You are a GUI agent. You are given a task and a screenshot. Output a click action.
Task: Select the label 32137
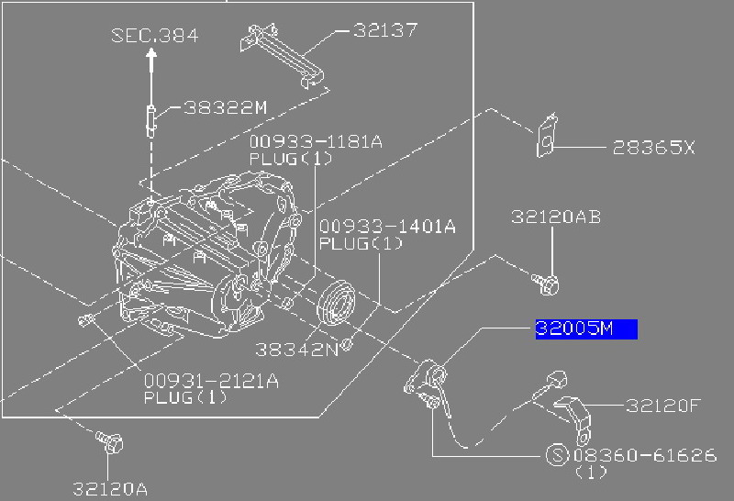[x=385, y=30]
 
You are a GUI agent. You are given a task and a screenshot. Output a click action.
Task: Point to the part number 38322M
[x=224, y=107]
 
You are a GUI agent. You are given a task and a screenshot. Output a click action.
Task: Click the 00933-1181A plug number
[x=315, y=142]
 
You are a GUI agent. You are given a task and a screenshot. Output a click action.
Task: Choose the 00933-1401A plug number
[x=386, y=227]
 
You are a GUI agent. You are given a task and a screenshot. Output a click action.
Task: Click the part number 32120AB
[x=556, y=217]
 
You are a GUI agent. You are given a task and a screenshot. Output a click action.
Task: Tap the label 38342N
[x=296, y=350]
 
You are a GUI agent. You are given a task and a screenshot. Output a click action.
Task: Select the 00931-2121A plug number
[x=210, y=381]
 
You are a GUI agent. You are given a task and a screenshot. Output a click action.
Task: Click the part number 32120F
[x=663, y=405]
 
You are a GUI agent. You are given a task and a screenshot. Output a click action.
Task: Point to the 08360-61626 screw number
[x=643, y=455]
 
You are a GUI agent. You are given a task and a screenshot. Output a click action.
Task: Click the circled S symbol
[x=556, y=455]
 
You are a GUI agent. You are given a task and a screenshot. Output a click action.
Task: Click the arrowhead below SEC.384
[x=152, y=56]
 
